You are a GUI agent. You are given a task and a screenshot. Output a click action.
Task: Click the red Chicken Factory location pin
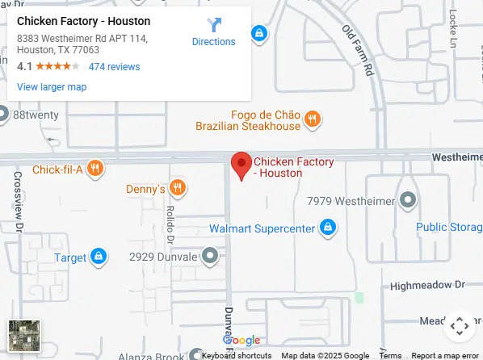point(241,165)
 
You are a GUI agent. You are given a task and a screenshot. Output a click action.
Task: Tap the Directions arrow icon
point(213,25)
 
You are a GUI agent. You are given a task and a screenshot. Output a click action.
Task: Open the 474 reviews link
point(114,67)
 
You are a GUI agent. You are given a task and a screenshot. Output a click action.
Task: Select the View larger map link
point(52,87)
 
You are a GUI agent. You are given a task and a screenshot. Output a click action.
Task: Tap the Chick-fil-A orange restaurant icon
point(95,170)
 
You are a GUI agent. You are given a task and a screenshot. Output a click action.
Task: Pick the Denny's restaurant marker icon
point(177,189)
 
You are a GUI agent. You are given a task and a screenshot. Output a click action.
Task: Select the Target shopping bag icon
point(98,257)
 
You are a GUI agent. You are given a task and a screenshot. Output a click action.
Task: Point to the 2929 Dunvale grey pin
point(210,257)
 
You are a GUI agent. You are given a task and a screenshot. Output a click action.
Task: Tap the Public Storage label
point(449,227)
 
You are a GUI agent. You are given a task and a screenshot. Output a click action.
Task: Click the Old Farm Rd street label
point(360,52)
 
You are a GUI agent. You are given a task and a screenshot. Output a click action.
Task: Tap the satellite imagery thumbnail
point(24,336)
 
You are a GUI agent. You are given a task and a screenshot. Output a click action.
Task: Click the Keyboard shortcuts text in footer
point(236,355)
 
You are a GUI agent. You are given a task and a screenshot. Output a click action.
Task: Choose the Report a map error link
point(445,355)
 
